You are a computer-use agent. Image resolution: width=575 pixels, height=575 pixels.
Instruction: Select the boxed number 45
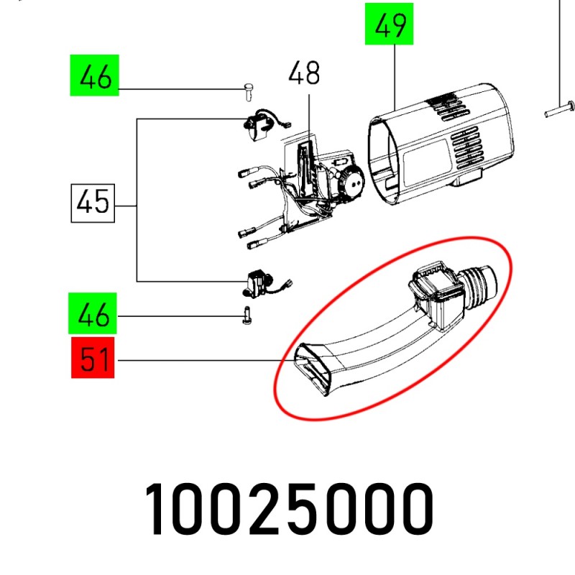tap(93, 203)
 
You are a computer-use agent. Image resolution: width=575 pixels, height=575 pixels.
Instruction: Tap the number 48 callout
tap(304, 73)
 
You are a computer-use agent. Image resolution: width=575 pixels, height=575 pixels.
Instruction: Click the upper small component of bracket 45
tap(259, 127)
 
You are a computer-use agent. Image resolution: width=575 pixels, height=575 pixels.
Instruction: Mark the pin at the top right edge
tap(558, 109)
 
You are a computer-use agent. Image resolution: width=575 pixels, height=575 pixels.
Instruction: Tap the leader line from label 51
tap(201, 360)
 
